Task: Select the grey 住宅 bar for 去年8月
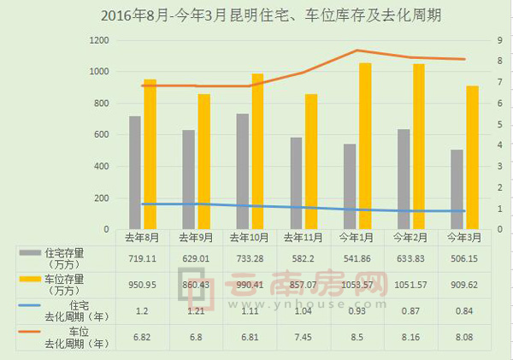135,173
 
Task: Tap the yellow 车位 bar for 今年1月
365,146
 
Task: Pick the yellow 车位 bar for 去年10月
257,151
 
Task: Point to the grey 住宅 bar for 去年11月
296,184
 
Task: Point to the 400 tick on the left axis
100,167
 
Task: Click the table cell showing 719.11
141,257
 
